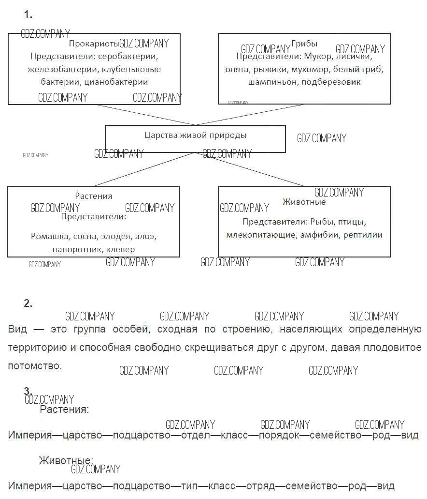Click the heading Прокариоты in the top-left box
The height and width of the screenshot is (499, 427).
tap(94, 44)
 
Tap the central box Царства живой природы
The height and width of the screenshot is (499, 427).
tap(195, 136)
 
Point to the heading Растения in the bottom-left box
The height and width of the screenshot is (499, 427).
tap(94, 196)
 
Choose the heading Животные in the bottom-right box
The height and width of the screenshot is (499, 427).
tap(304, 202)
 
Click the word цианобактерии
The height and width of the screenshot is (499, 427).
tap(116, 82)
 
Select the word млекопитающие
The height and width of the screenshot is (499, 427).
tap(261, 235)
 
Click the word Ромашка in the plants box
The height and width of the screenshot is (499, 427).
tap(49, 237)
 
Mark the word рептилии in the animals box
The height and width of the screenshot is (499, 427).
tap(363, 235)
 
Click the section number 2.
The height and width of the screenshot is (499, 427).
tap(28, 303)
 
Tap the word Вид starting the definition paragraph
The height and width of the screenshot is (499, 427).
tap(17, 330)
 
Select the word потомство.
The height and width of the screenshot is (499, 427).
tap(34, 366)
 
